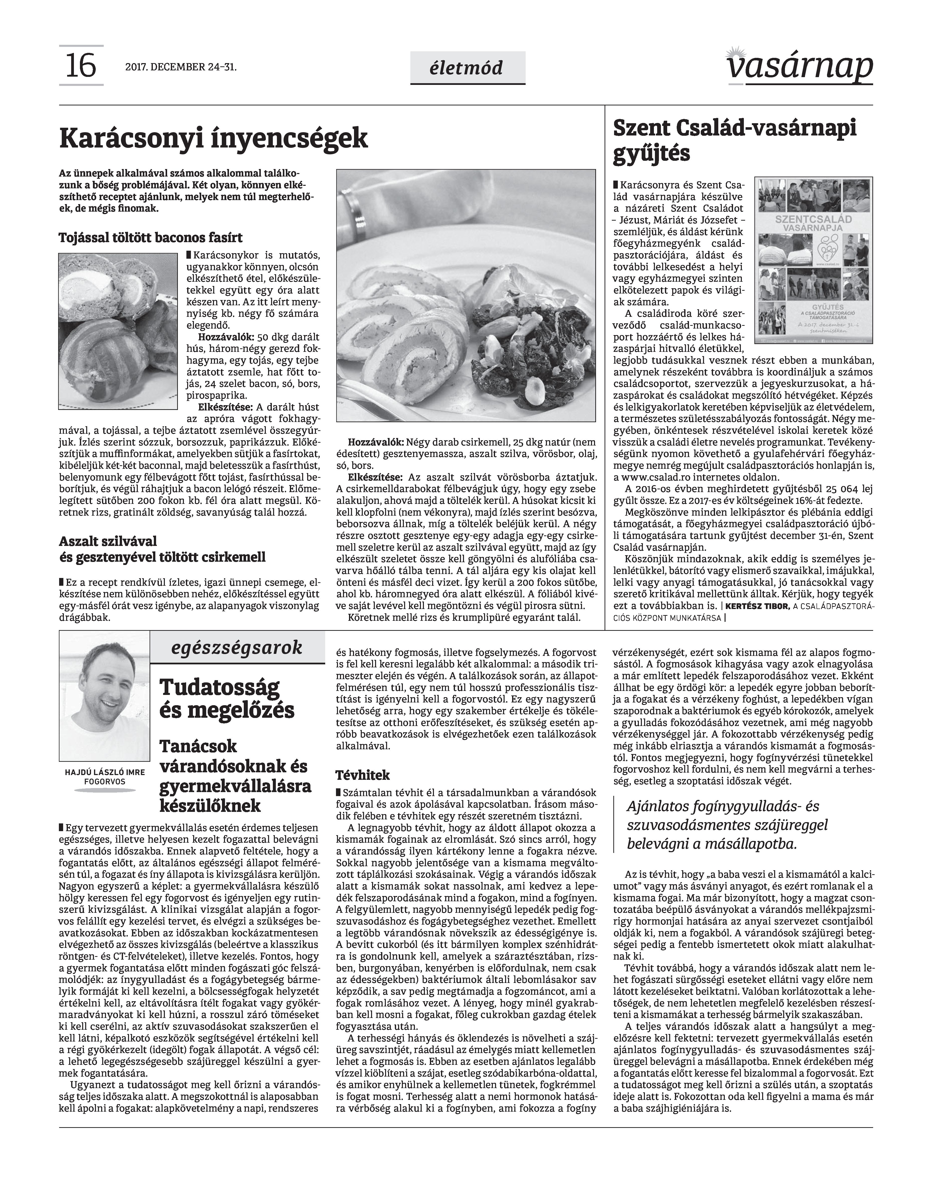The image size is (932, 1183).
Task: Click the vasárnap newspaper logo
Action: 799,67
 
